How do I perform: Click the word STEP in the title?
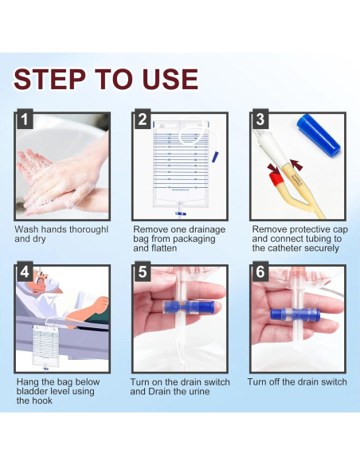click(x=50, y=79)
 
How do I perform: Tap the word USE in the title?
click(x=170, y=79)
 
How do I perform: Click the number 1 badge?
click(x=25, y=119)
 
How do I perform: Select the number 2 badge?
click(x=143, y=119)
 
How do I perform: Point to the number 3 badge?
click(x=260, y=119)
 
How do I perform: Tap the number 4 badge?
click(x=25, y=272)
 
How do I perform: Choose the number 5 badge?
click(x=143, y=272)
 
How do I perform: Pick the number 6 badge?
click(x=260, y=272)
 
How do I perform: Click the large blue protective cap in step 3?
click(x=319, y=135)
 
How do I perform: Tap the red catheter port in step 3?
click(x=276, y=178)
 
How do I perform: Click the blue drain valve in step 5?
click(x=189, y=308)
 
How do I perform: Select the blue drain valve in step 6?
click(x=295, y=314)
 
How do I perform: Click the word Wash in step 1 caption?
click(x=25, y=229)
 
